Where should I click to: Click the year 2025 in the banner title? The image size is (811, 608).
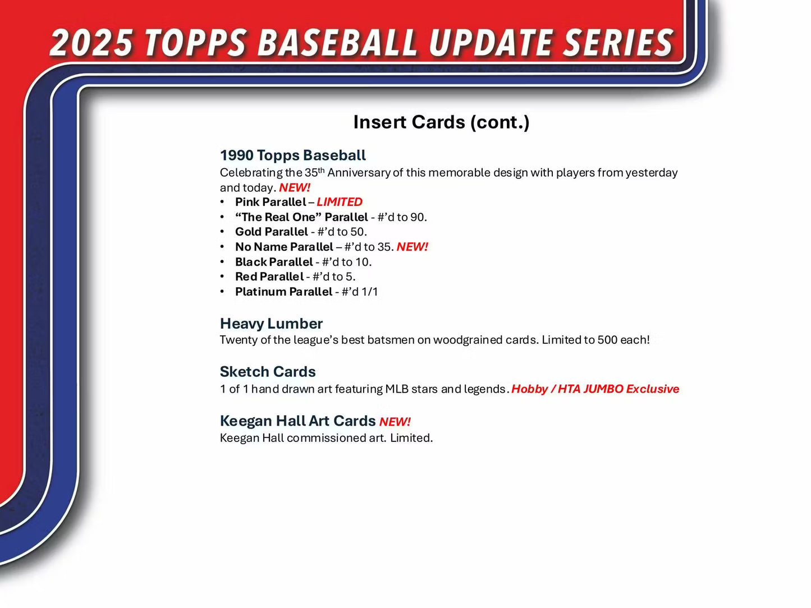(x=92, y=43)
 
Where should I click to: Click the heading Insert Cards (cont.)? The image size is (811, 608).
(x=441, y=122)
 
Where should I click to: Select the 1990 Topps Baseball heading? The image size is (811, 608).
(x=292, y=155)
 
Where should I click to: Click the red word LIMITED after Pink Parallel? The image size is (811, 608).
(x=340, y=202)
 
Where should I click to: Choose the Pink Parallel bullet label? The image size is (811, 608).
(x=271, y=202)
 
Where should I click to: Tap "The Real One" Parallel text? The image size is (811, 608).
(x=301, y=217)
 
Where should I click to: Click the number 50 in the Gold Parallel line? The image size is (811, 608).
(x=357, y=232)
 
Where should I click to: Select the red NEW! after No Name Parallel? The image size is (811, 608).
(x=412, y=247)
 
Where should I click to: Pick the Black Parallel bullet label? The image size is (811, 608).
(x=274, y=262)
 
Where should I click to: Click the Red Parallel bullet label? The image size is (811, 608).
(x=269, y=277)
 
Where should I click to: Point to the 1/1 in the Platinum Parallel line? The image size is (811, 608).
(x=369, y=292)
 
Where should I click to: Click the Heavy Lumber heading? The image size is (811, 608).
(x=271, y=324)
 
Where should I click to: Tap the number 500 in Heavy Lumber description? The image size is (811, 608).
(x=607, y=340)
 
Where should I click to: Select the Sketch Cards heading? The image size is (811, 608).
(x=268, y=372)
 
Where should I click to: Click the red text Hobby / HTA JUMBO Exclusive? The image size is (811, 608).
(x=595, y=389)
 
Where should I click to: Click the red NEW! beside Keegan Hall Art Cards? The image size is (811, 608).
(x=395, y=422)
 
